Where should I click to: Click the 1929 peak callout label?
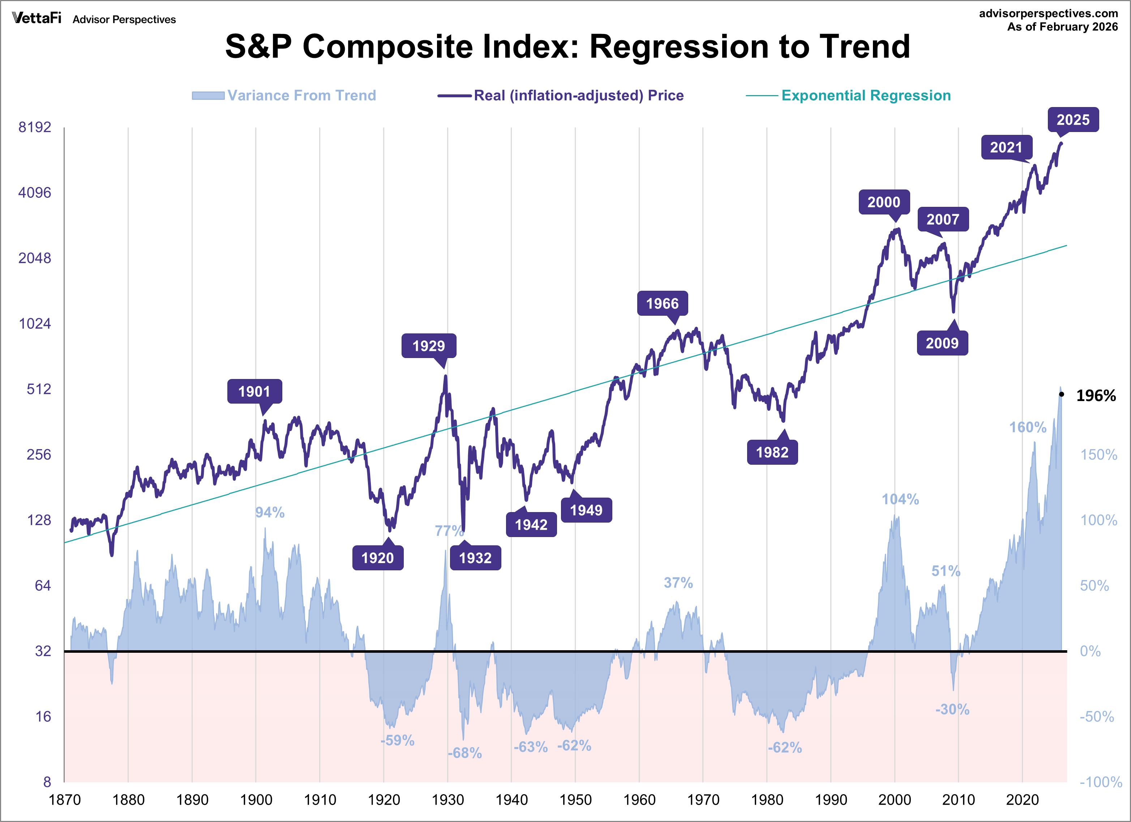point(428,346)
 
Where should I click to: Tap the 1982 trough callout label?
point(772,452)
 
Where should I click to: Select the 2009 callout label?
point(942,343)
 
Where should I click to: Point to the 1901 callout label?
point(254,392)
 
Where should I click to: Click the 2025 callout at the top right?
point(1073,120)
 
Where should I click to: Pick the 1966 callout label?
point(662,303)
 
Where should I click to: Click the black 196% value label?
point(1096,396)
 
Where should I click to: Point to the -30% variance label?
point(952,709)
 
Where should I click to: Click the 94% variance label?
point(270,512)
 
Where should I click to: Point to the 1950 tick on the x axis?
point(575,800)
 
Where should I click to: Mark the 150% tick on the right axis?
point(1098,454)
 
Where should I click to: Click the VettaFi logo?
point(37,18)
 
